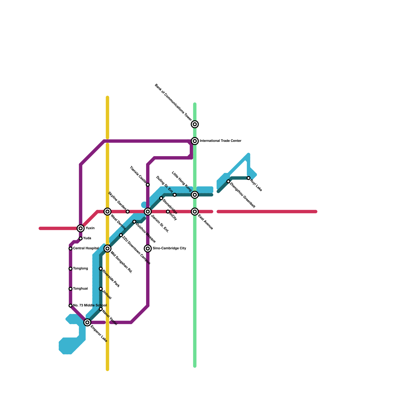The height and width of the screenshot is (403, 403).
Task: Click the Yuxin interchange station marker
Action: (81, 228)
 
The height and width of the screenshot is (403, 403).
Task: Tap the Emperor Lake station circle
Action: (87, 322)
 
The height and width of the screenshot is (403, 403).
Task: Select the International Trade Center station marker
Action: (195, 141)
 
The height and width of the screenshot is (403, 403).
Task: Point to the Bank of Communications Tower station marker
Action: (195, 124)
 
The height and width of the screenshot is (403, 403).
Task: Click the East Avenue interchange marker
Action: (195, 212)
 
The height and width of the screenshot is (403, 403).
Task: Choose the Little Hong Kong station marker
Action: (195, 195)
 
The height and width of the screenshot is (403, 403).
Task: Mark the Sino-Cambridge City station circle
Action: (148, 249)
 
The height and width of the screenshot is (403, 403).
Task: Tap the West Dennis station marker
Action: (108, 212)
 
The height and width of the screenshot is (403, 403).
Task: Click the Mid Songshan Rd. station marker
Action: (108, 249)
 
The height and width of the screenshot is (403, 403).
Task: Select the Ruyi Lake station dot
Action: (249, 178)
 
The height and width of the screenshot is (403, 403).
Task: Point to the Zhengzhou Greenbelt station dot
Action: (228, 181)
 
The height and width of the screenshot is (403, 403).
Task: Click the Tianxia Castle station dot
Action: (148, 185)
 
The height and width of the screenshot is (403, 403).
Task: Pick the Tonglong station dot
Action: (71, 269)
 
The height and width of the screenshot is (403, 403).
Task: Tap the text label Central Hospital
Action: (86, 248)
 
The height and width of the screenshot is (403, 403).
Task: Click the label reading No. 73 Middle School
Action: (90, 306)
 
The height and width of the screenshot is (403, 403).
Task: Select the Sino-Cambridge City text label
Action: (169, 248)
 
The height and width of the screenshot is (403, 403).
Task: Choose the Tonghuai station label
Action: (80, 289)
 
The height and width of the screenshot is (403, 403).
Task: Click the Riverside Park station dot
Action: (101, 269)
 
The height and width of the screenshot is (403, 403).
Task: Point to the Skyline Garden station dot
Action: (128, 212)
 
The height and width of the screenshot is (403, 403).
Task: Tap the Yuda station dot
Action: (81, 239)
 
